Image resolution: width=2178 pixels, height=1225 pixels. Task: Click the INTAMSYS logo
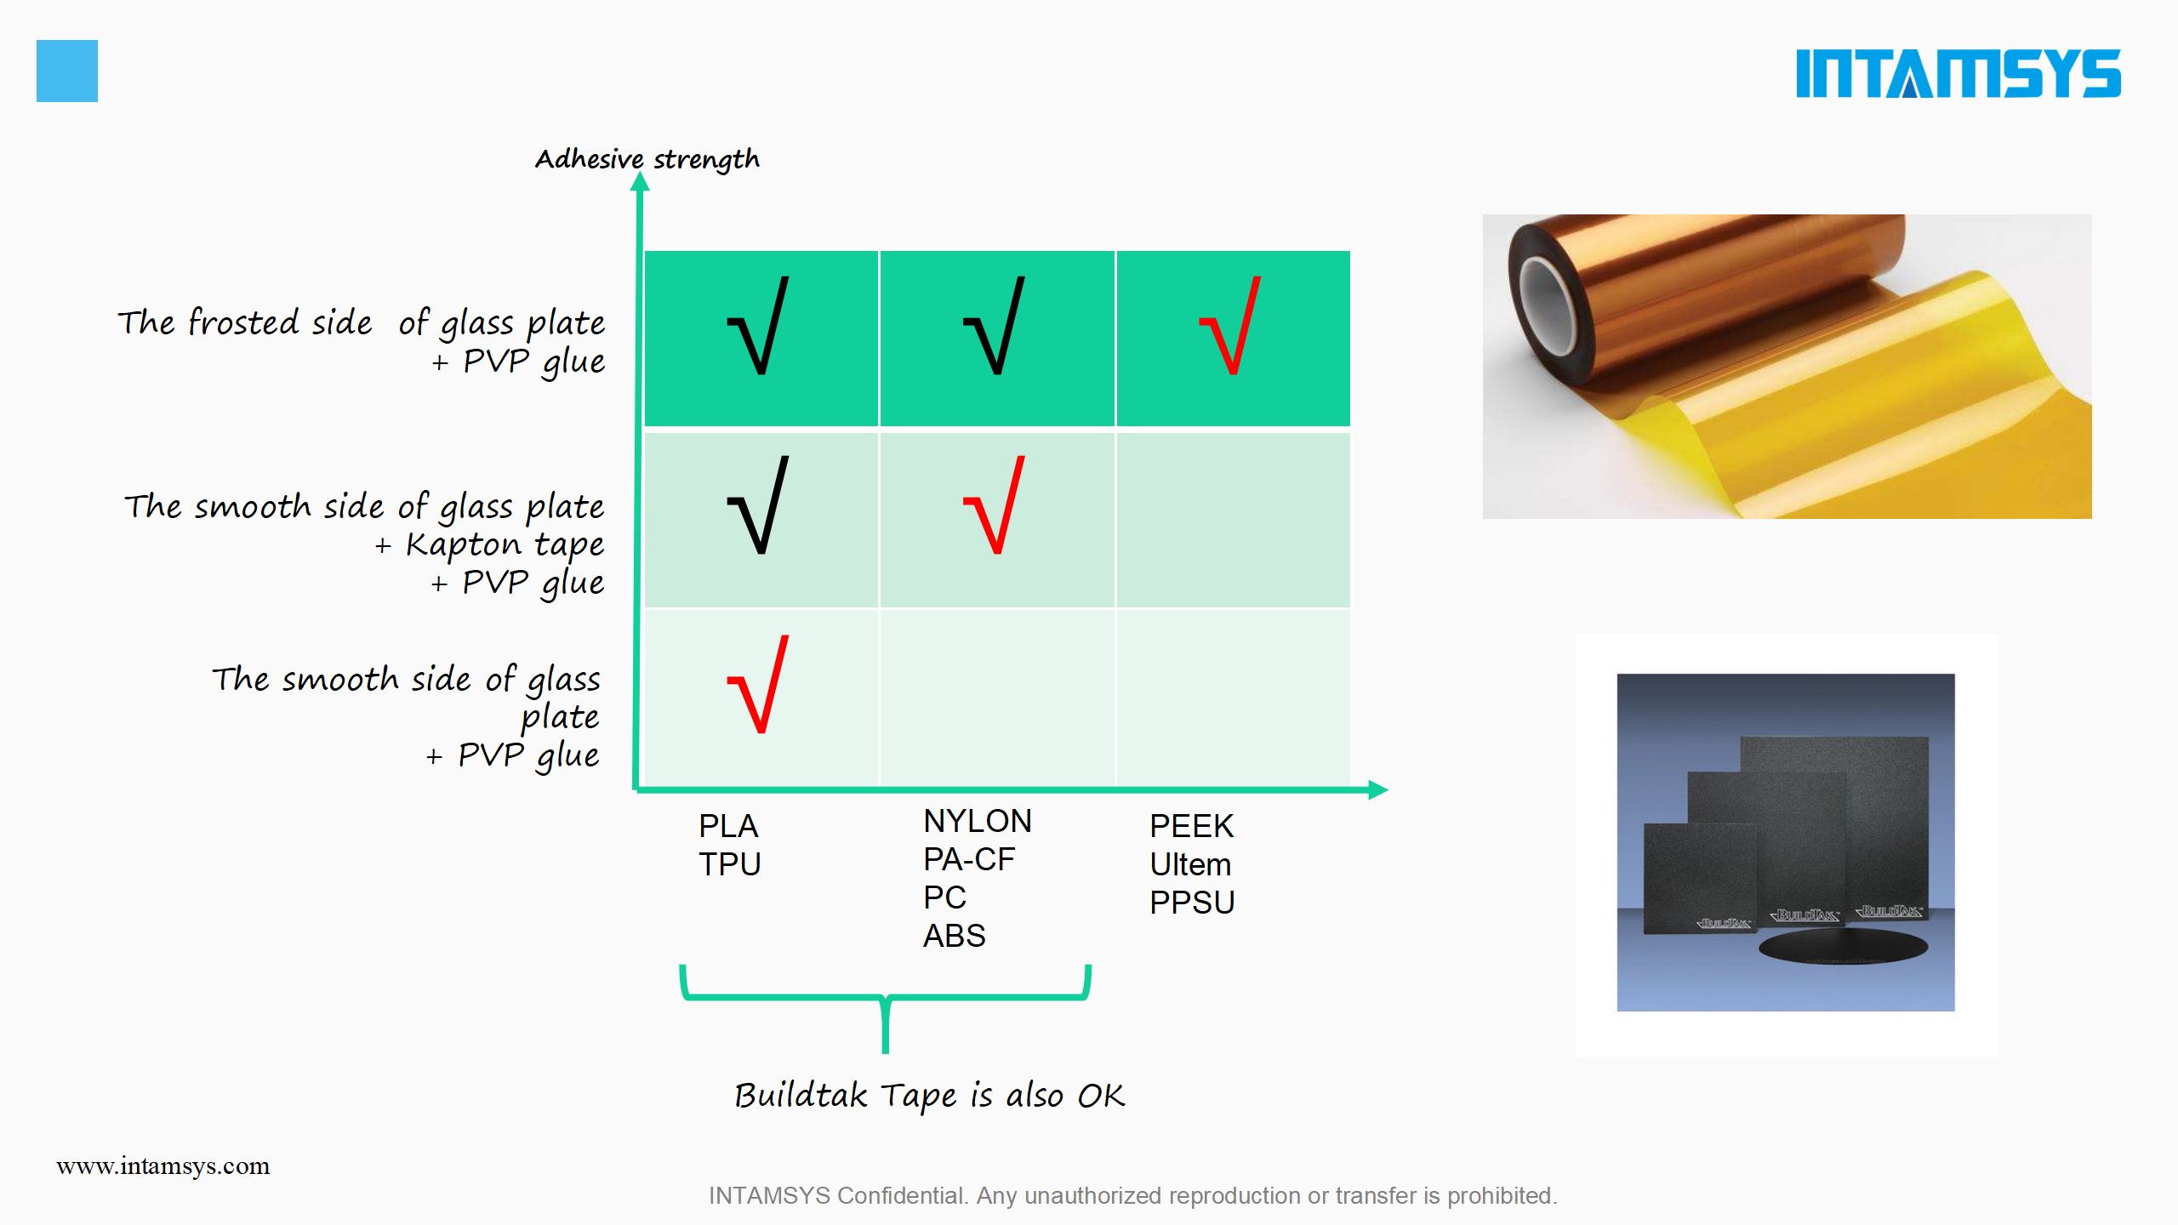pyautogui.click(x=1958, y=73)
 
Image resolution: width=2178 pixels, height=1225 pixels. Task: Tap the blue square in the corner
pyautogui.click(x=67, y=71)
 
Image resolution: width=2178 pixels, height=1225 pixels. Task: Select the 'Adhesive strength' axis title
pyautogui.click(x=647, y=159)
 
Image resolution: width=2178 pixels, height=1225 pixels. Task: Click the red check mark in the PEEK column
pyautogui.click(x=1230, y=326)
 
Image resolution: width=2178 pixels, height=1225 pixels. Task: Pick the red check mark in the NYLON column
pyautogui.click(x=994, y=505)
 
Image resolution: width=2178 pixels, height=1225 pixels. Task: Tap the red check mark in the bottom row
pyautogui.click(x=758, y=684)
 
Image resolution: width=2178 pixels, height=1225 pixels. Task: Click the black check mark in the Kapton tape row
pyautogui.click(x=758, y=505)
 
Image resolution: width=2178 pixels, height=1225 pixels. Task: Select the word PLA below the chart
pyautogui.click(x=728, y=826)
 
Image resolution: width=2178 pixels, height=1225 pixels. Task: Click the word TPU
pyautogui.click(x=730, y=864)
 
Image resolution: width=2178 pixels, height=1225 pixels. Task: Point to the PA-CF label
pyautogui.click(x=969, y=859)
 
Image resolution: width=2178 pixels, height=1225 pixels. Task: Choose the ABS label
pyautogui.click(x=955, y=936)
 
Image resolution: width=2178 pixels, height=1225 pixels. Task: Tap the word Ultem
pyautogui.click(x=1190, y=864)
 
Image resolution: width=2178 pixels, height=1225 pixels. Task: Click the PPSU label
pyautogui.click(x=1192, y=903)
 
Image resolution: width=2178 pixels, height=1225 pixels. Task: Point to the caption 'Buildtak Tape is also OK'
pyautogui.click(x=930, y=1096)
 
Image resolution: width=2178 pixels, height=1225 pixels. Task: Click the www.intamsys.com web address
pyautogui.click(x=163, y=1166)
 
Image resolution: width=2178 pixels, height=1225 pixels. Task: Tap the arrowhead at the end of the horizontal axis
pyautogui.click(x=1378, y=789)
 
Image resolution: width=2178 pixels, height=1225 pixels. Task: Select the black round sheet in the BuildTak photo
pyautogui.click(x=1843, y=947)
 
